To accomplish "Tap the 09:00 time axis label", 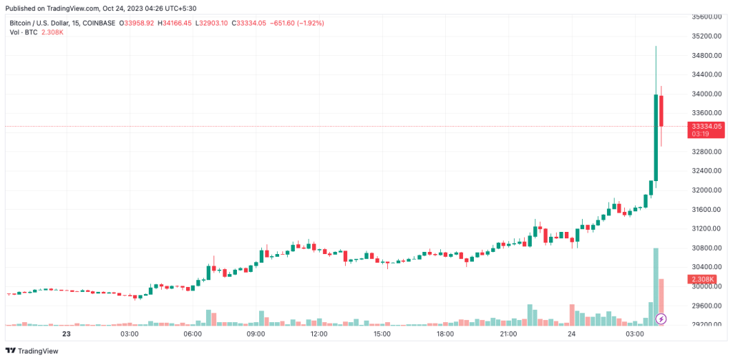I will [256, 334].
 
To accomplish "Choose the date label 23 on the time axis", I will [66, 334].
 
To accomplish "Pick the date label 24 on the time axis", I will [572, 334].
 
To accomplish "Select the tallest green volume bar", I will [656, 286].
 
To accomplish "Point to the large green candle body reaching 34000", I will [656, 136].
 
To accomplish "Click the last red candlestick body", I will [662, 111].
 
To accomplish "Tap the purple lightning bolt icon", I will [661, 318].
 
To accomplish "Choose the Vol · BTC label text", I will [24, 33].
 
